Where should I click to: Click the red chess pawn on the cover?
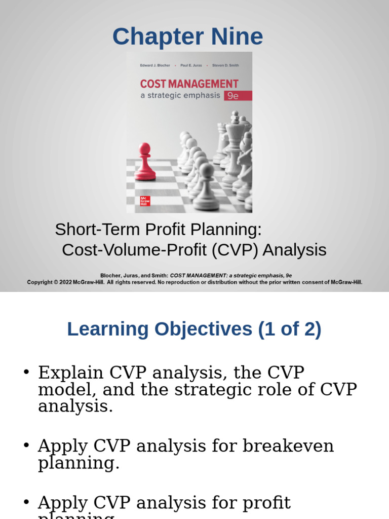(x=145, y=162)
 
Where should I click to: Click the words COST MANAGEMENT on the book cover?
(x=189, y=84)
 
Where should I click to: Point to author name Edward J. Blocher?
(x=155, y=65)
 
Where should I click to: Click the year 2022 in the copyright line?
(x=65, y=282)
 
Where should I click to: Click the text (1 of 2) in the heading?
(x=289, y=329)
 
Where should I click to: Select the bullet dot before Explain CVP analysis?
(x=26, y=373)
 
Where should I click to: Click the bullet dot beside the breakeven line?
(x=26, y=446)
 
